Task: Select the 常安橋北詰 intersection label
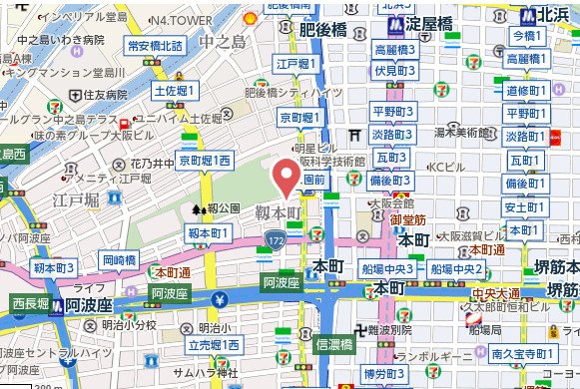(153, 45)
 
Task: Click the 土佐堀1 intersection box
(175, 90)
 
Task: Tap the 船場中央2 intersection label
(457, 269)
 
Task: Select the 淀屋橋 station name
(435, 24)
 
